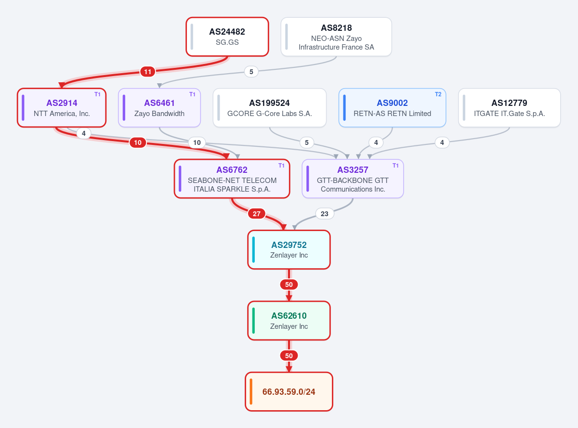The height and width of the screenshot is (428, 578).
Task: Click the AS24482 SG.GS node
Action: click(x=227, y=37)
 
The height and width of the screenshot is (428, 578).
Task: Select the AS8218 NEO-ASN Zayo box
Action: click(x=336, y=37)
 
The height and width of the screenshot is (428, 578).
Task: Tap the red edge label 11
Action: click(x=148, y=72)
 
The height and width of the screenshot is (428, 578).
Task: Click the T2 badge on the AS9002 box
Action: click(x=438, y=94)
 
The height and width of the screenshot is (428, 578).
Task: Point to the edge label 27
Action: click(x=256, y=214)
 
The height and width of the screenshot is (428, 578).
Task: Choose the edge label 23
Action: click(x=325, y=214)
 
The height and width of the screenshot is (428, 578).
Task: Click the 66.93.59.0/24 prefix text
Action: click(x=289, y=392)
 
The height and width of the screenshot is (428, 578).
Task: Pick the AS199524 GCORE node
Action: click(x=269, y=108)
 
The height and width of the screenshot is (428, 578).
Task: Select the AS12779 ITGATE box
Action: click(x=509, y=108)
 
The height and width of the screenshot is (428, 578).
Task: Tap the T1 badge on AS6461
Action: click(x=192, y=94)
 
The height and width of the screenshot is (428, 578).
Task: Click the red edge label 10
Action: click(x=138, y=143)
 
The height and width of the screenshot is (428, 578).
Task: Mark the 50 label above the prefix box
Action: click(x=289, y=356)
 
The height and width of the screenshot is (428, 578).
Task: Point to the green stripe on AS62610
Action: click(x=253, y=321)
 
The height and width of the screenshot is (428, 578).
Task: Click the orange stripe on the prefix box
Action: click(x=251, y=392)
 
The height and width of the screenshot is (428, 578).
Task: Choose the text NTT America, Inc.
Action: click(x=62, y=114)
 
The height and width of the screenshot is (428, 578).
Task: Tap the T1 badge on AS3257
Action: click(x=395, y=166)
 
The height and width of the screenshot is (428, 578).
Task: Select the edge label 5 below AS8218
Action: click(x=251, y=72)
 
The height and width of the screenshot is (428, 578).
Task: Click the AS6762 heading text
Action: click(x=232, y=170)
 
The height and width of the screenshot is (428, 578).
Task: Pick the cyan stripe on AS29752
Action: click(x=253, y=249)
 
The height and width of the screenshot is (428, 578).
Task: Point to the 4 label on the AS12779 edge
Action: click(x=442, y=143)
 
